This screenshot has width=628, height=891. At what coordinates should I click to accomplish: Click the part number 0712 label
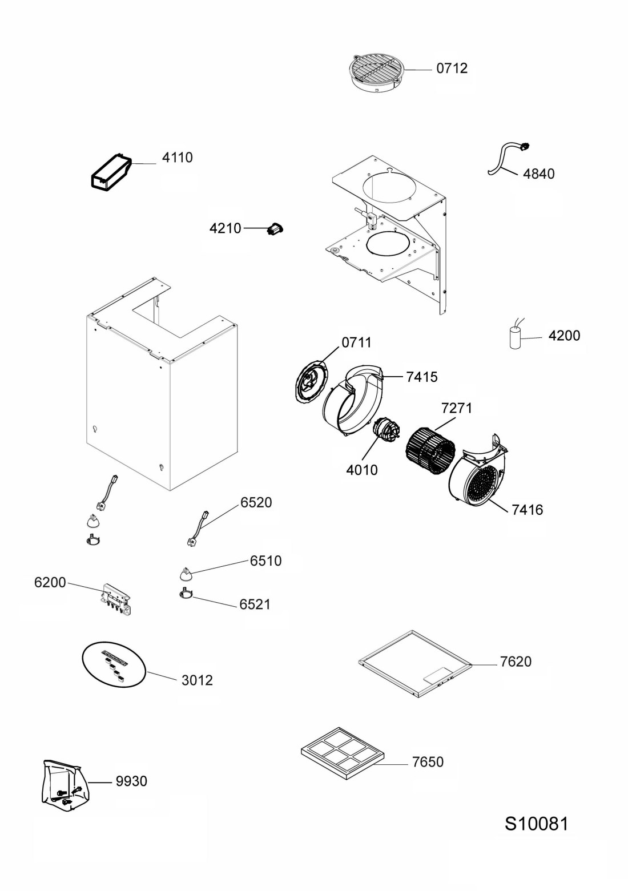pyautogui.click(x=452, y=68)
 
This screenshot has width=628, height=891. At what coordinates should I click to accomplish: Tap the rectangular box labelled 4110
pyautogui.click(x=111, y=172)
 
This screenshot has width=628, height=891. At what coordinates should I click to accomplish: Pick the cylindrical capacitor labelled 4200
pyautogui.click(x=516, y=338)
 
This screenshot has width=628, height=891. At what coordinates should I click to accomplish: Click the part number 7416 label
pyautogui.click(x=527, y=510)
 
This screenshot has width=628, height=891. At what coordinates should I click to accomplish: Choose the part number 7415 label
pyautogui.click(x=422, y=377)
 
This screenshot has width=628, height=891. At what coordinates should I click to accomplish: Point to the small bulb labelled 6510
pyautogui.click(x=185, y=573)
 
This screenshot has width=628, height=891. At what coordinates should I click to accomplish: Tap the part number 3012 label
pyautogui.click(x=197, y=680)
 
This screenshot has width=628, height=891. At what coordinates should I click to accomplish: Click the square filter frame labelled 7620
pyautogui.click(x=415, y=663)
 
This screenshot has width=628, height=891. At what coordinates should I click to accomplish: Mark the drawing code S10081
pyautogui.click(x=536, y=824)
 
